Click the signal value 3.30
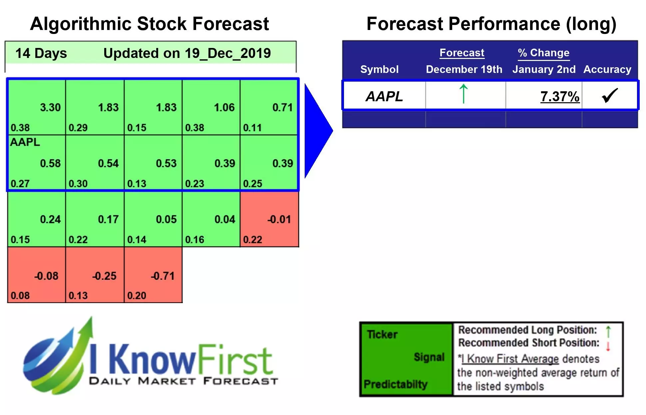coord(50,107)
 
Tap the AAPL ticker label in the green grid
coord(25,142)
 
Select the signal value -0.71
coord(162,276)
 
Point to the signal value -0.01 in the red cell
coord(279,219)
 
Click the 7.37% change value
coord(560,97)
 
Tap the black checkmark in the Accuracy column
coord(610,96)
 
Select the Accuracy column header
coord(607,69)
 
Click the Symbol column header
coord(379,69)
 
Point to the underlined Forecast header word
coord(462,53)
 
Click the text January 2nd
coord(544,69)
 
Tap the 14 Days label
coord(41,53)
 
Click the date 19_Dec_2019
coord(228,53)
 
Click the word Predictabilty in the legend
coord(395,384)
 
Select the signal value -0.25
coord(104,276)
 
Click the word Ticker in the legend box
coord(382,334)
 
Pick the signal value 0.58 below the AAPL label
coord(50,163)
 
